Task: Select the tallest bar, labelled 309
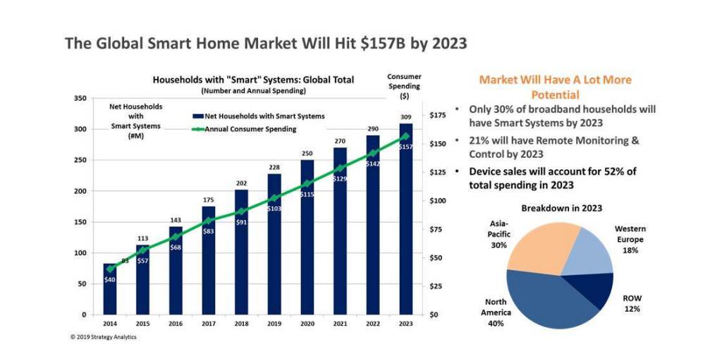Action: pos(405,219)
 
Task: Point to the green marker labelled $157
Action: pos(405,136)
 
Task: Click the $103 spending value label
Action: pos(274,209)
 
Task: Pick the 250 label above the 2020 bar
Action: pos(307,153)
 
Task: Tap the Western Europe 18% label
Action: pos(630,239)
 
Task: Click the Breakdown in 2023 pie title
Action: pos(561,208)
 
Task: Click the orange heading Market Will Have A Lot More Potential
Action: pos(555,87)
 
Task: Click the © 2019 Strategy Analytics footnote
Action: pos(104,336)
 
